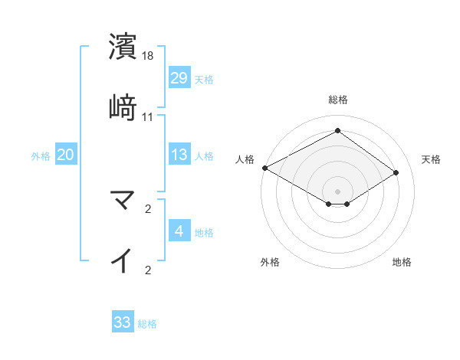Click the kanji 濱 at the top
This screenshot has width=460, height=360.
[x=123, y=47]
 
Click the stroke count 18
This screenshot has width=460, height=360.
[x=148, y=56]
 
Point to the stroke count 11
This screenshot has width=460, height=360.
[x=148, y=116]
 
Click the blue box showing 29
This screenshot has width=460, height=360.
[x=179, y=78]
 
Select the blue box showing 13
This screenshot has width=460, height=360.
[x=179, y=155]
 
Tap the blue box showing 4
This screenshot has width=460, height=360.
[x=179, y=231]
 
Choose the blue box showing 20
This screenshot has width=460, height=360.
[x=66, y=155]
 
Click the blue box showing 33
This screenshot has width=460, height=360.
[x=123, y=322]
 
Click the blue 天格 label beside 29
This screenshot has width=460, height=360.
[x=204, y=79]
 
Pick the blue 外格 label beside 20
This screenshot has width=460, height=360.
[x=41, y=155]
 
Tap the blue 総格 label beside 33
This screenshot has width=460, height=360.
[x=147, y=323]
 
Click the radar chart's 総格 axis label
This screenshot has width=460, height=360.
[x=338, y=100]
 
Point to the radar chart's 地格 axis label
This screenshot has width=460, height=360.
[x=402, y=262]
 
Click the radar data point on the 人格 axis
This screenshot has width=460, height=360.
[x=264, y=168]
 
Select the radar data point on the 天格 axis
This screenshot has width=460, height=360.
[x=396, y=173]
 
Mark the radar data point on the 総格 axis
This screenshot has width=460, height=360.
[x=337, y=131]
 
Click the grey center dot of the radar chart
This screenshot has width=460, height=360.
[x=337, y=190]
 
